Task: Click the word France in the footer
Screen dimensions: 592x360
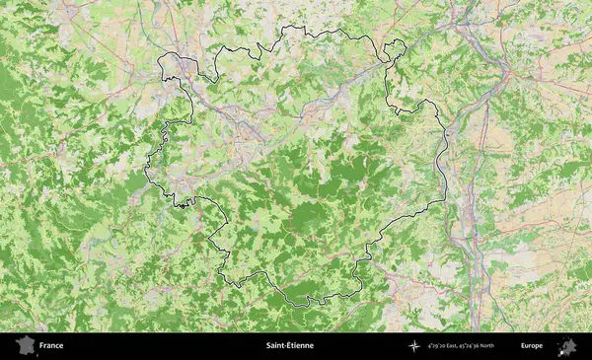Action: click(51, 346)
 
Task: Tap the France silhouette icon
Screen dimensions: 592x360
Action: click(25, 346)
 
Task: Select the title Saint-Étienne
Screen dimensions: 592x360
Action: click(290, 346)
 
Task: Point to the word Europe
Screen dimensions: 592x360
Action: click(532, 346)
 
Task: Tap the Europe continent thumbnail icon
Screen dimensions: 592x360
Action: click(567, 346)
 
